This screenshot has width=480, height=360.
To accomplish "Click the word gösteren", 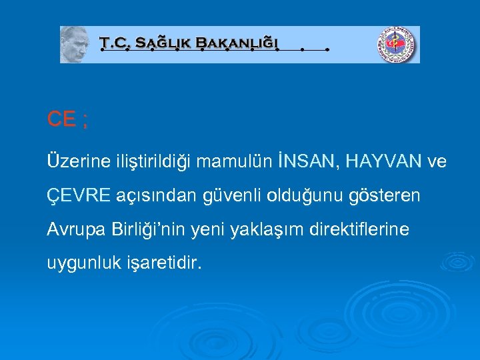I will (x=387, y=196).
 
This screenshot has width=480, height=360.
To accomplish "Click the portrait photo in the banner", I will (x=75, y=45).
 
